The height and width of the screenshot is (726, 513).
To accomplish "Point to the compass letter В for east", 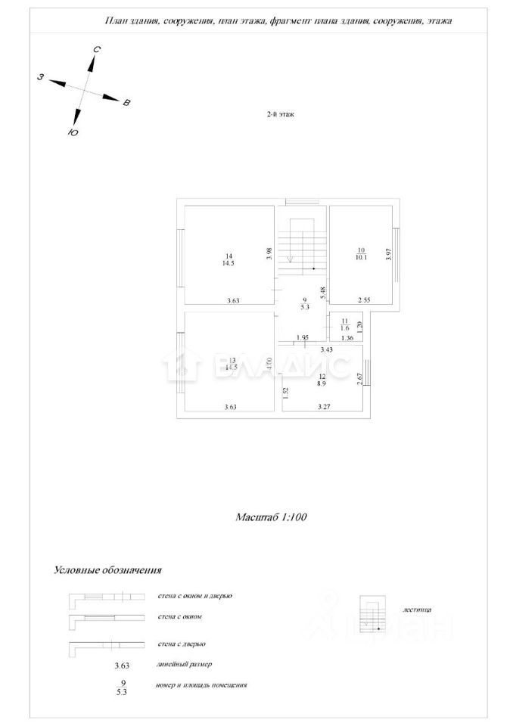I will pyautogui.click(x=126, y=102).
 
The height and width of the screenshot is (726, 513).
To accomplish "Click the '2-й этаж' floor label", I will pyautogui.click(x=279, y=115).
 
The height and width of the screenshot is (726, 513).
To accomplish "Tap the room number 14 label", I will pyautogui.click(x=229, y=255).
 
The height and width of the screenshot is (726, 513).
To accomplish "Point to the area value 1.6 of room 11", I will pyautogui.click(x=345, y=327).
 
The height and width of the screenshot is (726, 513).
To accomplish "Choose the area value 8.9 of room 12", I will pyautogui.click(x=322, y=383).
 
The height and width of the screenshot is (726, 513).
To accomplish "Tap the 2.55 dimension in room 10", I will pyautogui.click(x=365, y=299).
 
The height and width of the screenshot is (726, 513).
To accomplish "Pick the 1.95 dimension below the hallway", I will pyautogui.click(x=302, y=337).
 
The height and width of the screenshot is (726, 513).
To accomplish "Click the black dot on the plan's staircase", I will pyautogui.click(x=313, y=269).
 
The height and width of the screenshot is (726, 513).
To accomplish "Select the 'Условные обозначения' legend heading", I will pyautogui.click(x=108, y=570).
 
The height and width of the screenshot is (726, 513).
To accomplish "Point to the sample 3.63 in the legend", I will pyautogui.click(x=123, y=665).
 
